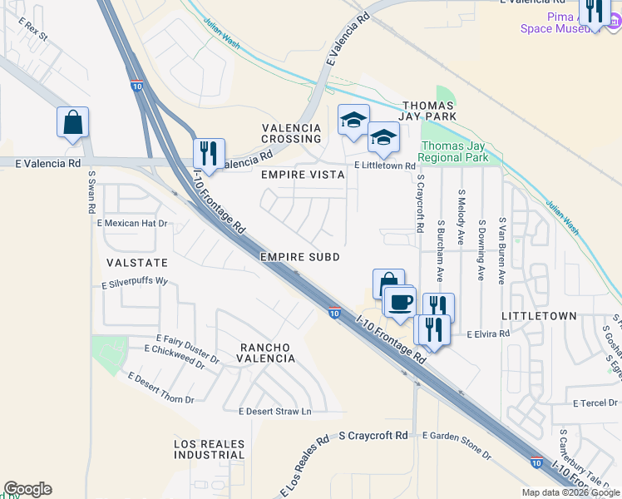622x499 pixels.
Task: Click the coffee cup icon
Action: pos(400,300)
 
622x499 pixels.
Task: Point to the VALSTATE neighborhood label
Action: pos(131,262)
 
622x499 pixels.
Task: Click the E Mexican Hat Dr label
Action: pos(132,224)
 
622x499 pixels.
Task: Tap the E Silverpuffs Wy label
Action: pos(135,283)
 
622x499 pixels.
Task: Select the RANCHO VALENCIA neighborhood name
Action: pos(268,353)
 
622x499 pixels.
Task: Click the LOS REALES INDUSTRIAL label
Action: pos(210,450)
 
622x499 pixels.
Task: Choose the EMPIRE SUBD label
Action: pos(300,258)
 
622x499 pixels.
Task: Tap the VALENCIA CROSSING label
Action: pos(291,133)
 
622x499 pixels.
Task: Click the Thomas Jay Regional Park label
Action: pos(453,151)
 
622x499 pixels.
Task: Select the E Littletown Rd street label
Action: pos(384,166)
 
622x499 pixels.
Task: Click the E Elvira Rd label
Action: pos(487,333)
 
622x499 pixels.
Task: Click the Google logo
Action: pos(27,489)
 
